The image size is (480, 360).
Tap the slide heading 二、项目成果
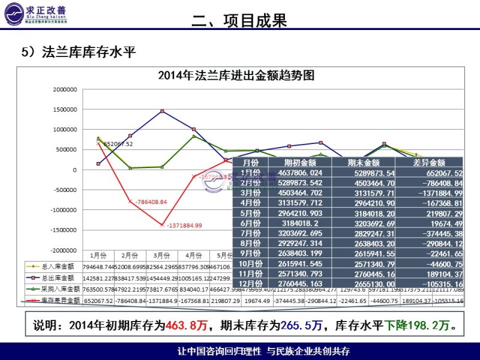[x=239, y=21]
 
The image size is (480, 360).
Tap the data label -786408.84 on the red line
[x=151, y=202]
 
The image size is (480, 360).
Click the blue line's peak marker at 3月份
[x=162, y=111]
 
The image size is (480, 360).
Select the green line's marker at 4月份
[x=193, y=136]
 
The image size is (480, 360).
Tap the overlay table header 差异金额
[x=429, y=163]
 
